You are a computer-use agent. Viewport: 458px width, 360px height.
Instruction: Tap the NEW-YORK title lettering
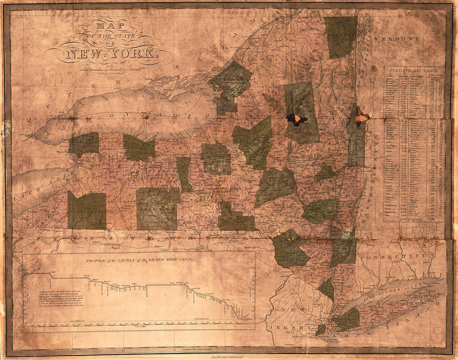point(110,54)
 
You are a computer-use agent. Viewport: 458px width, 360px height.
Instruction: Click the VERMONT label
point(397,39)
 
